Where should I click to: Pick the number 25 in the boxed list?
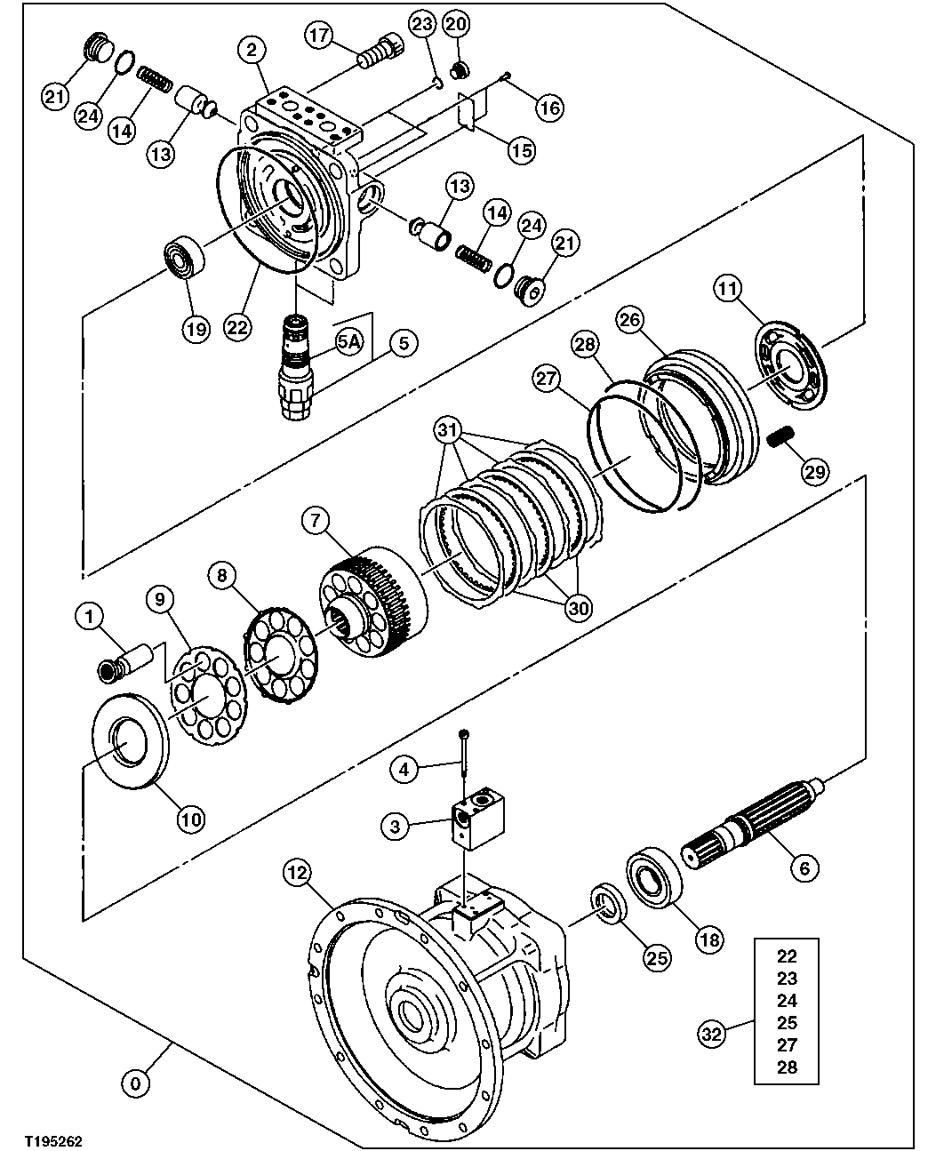pyautogui.click(x=787, y=1022)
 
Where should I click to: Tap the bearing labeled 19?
pyautogui.click(x=184, y=257)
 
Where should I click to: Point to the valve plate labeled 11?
pyautogui.click(x=791, y=364)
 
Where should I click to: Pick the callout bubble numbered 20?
pyautogui.click(x=455, y=24)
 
